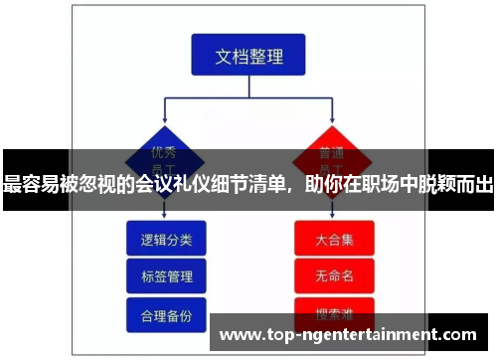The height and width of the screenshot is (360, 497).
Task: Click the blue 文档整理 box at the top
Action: coord(248,56)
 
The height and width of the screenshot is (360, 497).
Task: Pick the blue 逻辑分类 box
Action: coord(165,240)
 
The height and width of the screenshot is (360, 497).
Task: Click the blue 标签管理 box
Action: coord(165,275)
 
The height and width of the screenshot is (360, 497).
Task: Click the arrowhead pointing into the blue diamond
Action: coord(164,118)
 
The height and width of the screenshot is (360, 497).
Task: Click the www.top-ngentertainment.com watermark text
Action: coord(347,334)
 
